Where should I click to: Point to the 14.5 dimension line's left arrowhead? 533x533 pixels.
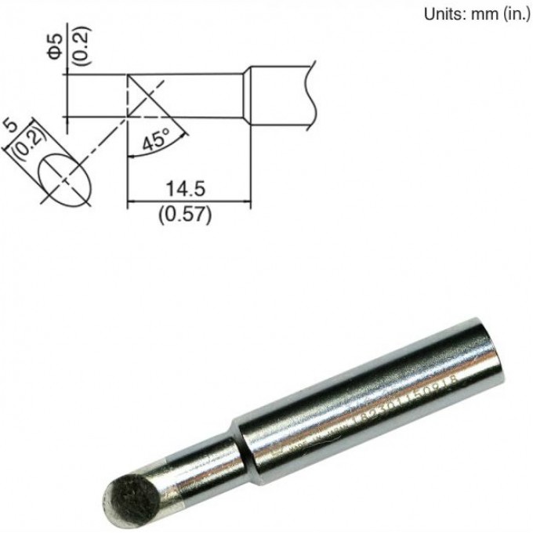tap(131, 202)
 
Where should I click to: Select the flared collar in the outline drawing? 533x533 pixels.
tap(245, 94)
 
